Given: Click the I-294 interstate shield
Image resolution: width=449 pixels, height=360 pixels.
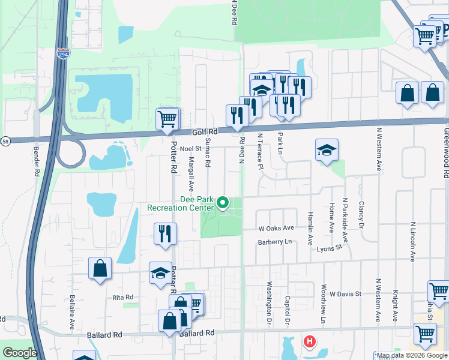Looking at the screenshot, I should [x=63, y=53].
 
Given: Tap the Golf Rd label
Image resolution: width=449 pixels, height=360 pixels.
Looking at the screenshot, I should [x=203, y=131].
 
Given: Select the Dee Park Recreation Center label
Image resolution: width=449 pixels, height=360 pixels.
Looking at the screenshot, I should [x=180, y=204].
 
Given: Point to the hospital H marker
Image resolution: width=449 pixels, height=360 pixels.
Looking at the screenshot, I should [x=310, y=343].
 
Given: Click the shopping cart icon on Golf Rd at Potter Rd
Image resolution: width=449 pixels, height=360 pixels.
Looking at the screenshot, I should [x=167, y=118].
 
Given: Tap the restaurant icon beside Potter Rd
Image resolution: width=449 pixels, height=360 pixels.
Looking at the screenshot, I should [x=165, y=234].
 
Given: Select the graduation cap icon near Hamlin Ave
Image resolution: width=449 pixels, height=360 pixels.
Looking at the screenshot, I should [x=327, y=150].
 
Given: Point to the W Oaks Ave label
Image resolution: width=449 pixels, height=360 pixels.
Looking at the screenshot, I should [x=276, y=228].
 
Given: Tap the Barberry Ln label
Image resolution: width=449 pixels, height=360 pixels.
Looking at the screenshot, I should [x=274, y=242].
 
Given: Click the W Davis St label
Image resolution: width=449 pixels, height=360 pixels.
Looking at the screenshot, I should [x=345, y=294].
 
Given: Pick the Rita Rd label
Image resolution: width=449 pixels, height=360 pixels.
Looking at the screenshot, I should [x=122, y=297].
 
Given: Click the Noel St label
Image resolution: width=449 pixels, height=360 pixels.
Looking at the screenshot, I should [x=189, y=148].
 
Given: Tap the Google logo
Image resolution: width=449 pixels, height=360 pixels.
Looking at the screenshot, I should [x=19, y=353].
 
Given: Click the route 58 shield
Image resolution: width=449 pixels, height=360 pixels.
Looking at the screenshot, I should [x=5, y=141].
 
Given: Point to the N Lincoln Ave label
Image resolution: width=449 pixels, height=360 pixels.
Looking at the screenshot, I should [x=412, y=239].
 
